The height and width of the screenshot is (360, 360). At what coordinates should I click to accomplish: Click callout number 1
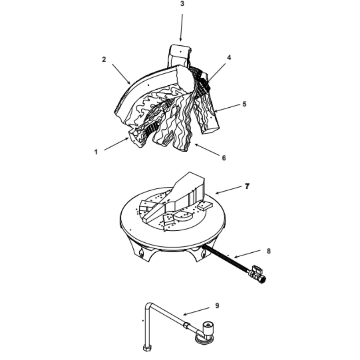(96, 152)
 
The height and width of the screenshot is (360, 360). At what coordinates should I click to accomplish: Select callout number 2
(104, 59)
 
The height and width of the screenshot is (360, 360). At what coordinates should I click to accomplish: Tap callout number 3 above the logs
(182, 4)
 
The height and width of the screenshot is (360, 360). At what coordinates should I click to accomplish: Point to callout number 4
(229, 58)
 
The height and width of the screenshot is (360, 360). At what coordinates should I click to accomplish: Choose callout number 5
(244, 104)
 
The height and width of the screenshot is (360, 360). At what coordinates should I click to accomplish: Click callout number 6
(224, 158)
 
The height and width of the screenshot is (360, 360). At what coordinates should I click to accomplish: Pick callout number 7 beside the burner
(247, 186)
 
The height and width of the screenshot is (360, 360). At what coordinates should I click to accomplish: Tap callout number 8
(269, 251)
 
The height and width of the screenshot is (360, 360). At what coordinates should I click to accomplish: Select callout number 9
(217, 306)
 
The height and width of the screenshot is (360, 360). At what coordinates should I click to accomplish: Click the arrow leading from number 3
(181, 28)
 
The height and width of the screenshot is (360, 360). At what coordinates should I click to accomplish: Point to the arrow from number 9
(196, 311)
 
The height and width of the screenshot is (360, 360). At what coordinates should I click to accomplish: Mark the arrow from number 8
(247, 254)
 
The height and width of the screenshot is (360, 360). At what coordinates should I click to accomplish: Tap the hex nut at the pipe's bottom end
(147, 348)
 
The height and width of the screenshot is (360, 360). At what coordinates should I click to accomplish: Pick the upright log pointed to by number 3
(180, 56)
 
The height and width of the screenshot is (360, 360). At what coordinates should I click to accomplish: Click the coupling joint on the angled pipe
(186, 325)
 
